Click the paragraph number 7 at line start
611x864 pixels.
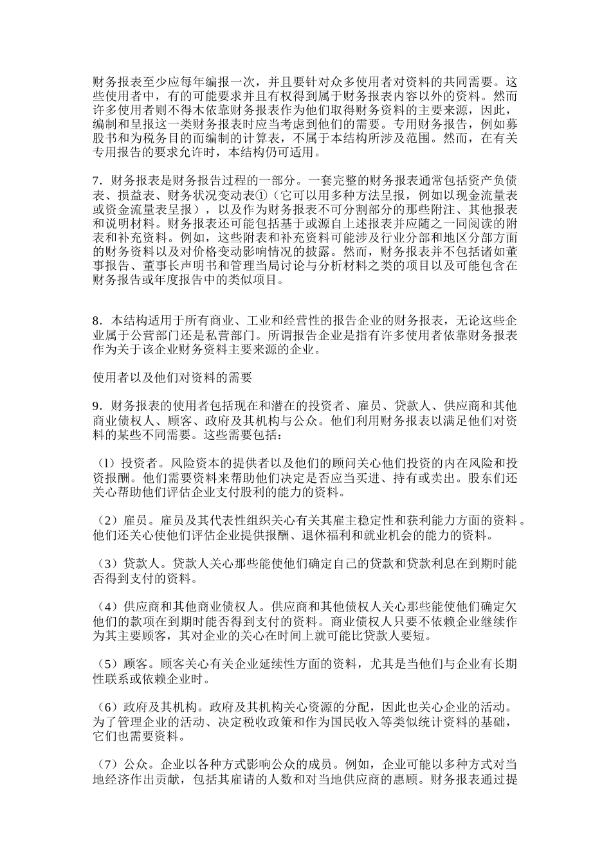point(96,180)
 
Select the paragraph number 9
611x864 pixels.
point(96,406)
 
